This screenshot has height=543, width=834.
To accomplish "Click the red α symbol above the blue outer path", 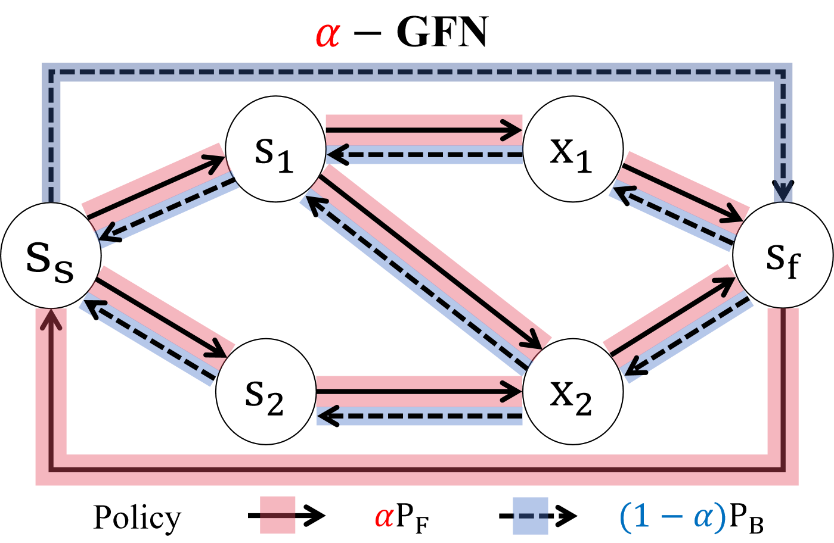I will [x=327, y=35].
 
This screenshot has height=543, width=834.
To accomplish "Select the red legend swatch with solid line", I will [x=277, y=515].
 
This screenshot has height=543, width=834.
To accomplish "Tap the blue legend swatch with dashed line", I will [x=530, y=515].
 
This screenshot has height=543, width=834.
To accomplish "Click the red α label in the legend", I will [x=385, y=517].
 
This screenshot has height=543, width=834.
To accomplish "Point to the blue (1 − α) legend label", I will [x=672, y=516].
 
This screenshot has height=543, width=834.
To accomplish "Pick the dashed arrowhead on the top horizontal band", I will [x=336, y=155].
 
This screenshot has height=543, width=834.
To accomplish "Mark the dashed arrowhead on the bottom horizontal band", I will [x=327, y=415].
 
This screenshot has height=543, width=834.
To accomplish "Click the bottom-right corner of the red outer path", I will [x=783, y=470].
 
